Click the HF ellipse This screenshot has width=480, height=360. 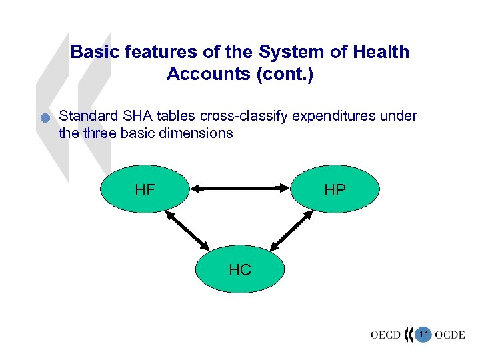(145, 189)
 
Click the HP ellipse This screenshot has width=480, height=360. (335, 189)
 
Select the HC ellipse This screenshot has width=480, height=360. (240, 269)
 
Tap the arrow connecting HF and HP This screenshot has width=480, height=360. (240, 189)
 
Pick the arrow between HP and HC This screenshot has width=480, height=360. (291, 231)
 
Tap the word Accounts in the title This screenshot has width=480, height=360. (205, 73)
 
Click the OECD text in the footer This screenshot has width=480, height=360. (385, 334)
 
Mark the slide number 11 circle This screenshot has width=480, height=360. (423, 333)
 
